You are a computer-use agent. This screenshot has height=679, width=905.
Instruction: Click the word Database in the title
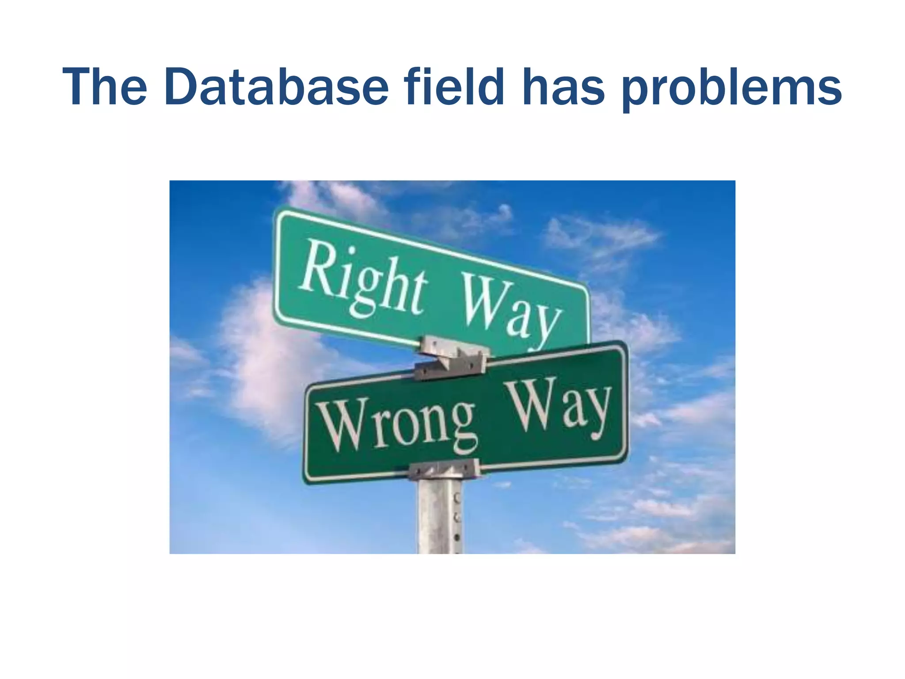pos(276,87)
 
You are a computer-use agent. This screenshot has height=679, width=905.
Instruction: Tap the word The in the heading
pos(105,87)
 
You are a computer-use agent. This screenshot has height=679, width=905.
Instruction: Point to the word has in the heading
pos(563,87)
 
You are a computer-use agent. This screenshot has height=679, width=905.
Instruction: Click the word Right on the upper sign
pos(362,278)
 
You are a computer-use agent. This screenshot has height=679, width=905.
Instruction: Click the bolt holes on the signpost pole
pos(457,517)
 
